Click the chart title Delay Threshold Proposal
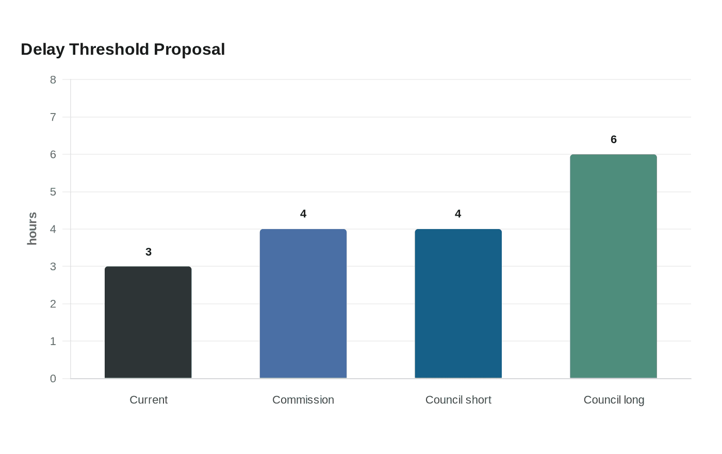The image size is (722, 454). point(123,50)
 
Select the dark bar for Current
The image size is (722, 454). point(148,322)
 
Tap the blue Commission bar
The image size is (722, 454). point(303,303)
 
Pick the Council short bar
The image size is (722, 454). point(458,303)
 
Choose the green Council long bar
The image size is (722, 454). point(613,266)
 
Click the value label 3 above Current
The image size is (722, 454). point(149,252)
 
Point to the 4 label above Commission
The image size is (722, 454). point(303,214)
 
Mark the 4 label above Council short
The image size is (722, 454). point(458,214)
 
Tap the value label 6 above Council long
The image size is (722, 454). point(614,139)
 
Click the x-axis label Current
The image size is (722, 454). point(149,400)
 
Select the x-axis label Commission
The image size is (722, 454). point(303,400)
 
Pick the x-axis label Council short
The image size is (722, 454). point(458,400)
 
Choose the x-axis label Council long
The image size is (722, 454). point(614,400)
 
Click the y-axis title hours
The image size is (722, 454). point(32,229)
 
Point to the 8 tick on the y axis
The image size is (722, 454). point(53,79)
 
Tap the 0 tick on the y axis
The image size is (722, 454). point(53,379)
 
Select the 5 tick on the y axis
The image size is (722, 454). point(53,192)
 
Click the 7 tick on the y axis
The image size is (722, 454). point(53,117)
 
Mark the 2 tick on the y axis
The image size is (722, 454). point(53,304)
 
